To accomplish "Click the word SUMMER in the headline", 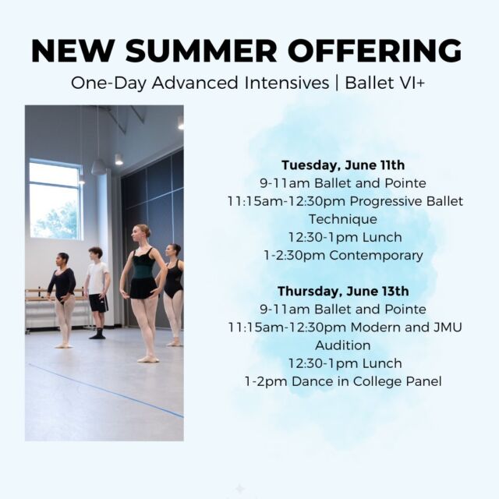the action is click(x=201, y=50).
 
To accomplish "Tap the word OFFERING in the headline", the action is click(x=375, y=50).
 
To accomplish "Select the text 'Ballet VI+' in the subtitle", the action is click(x=384, y=83).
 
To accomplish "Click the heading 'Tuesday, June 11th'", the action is click(x=343, y=165).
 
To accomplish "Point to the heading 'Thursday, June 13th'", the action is click(x=343, y=291).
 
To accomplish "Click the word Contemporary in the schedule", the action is click(x=376, y=255).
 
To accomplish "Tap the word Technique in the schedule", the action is click(x=343, y=219).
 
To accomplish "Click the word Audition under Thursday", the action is click(x=343, y=345).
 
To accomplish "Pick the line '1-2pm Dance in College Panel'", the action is click(x=343, y=381).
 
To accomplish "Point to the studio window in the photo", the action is click(x=55, y=200).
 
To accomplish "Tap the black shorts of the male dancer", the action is click(x=98, y=303).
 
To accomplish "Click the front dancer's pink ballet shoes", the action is click(x=148, y=359).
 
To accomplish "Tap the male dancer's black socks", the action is click(x=97, y=334).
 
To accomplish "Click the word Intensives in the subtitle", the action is click(x=287, y=83).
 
